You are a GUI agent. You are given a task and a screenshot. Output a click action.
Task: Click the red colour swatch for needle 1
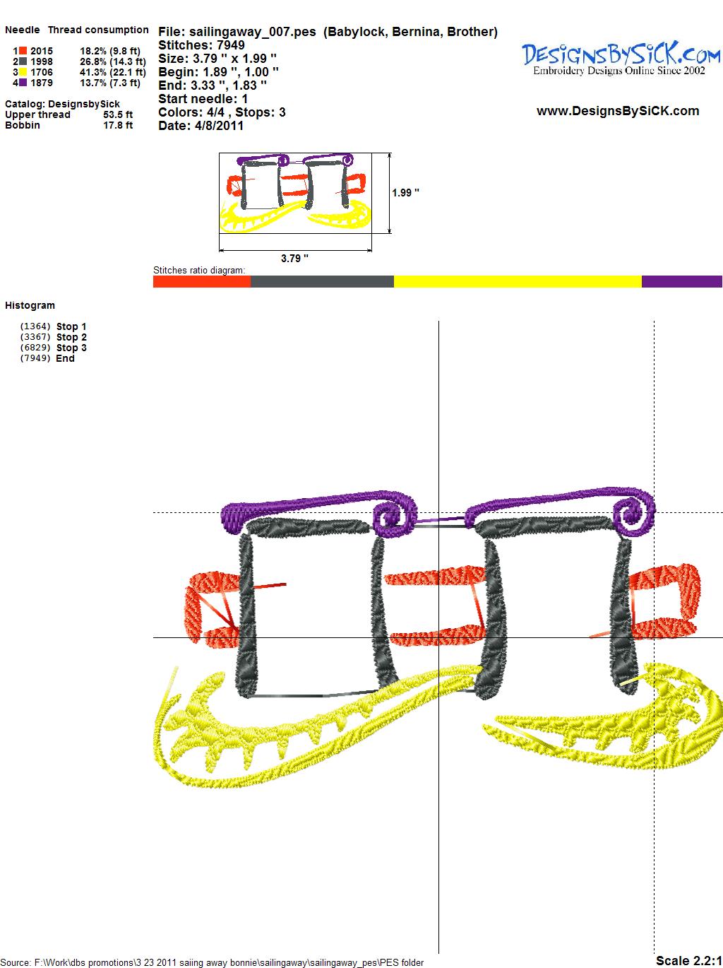23,51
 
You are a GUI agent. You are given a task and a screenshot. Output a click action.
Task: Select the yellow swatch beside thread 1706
23,72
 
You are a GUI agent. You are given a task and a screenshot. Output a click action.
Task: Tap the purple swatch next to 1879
23,83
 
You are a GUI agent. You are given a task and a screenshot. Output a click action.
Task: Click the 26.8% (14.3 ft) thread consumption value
113,61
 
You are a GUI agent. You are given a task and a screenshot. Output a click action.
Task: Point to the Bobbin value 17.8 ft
118,125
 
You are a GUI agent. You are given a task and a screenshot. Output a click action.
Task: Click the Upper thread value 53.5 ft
118,114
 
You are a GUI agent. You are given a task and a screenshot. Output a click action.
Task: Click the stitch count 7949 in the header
231,45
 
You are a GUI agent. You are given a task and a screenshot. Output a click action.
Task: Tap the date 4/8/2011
219,126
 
